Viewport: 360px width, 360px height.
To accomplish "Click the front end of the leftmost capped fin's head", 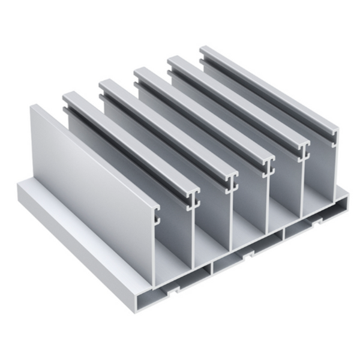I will pyautogui.click(x=193, y=195).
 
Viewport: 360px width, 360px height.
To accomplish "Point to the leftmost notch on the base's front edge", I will pyautogui.click(x=173, y=295).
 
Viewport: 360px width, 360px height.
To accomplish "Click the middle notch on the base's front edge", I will pyautogui.click(x=246, y=256).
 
